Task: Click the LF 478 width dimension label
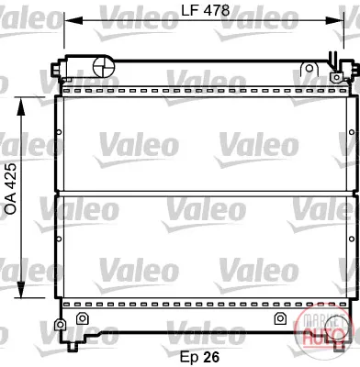(205, 10)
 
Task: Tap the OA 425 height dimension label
(11, 189)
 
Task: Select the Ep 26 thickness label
(199, 357)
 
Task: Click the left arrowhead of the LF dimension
(73, 21)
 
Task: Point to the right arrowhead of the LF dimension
(334, 21)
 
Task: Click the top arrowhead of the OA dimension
(20, 106)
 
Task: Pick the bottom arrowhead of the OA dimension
(20, 289)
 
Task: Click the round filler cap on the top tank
(103, 66)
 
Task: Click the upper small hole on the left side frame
(59, 132)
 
